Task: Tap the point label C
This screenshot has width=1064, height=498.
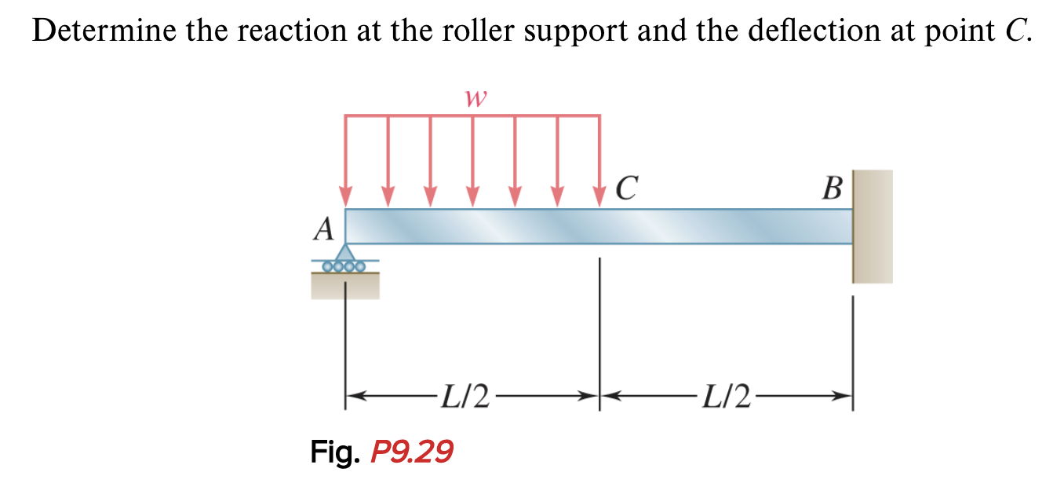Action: tap(627, 188)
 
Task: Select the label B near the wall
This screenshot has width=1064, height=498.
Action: tap(833, 189)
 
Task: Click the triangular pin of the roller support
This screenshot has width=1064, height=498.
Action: tap(345, 253)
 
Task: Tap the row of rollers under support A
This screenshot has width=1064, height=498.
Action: tap(345, 266)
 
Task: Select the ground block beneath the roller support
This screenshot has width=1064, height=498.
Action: tap(345, 286)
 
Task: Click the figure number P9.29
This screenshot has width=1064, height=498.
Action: tap(412, 452)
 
